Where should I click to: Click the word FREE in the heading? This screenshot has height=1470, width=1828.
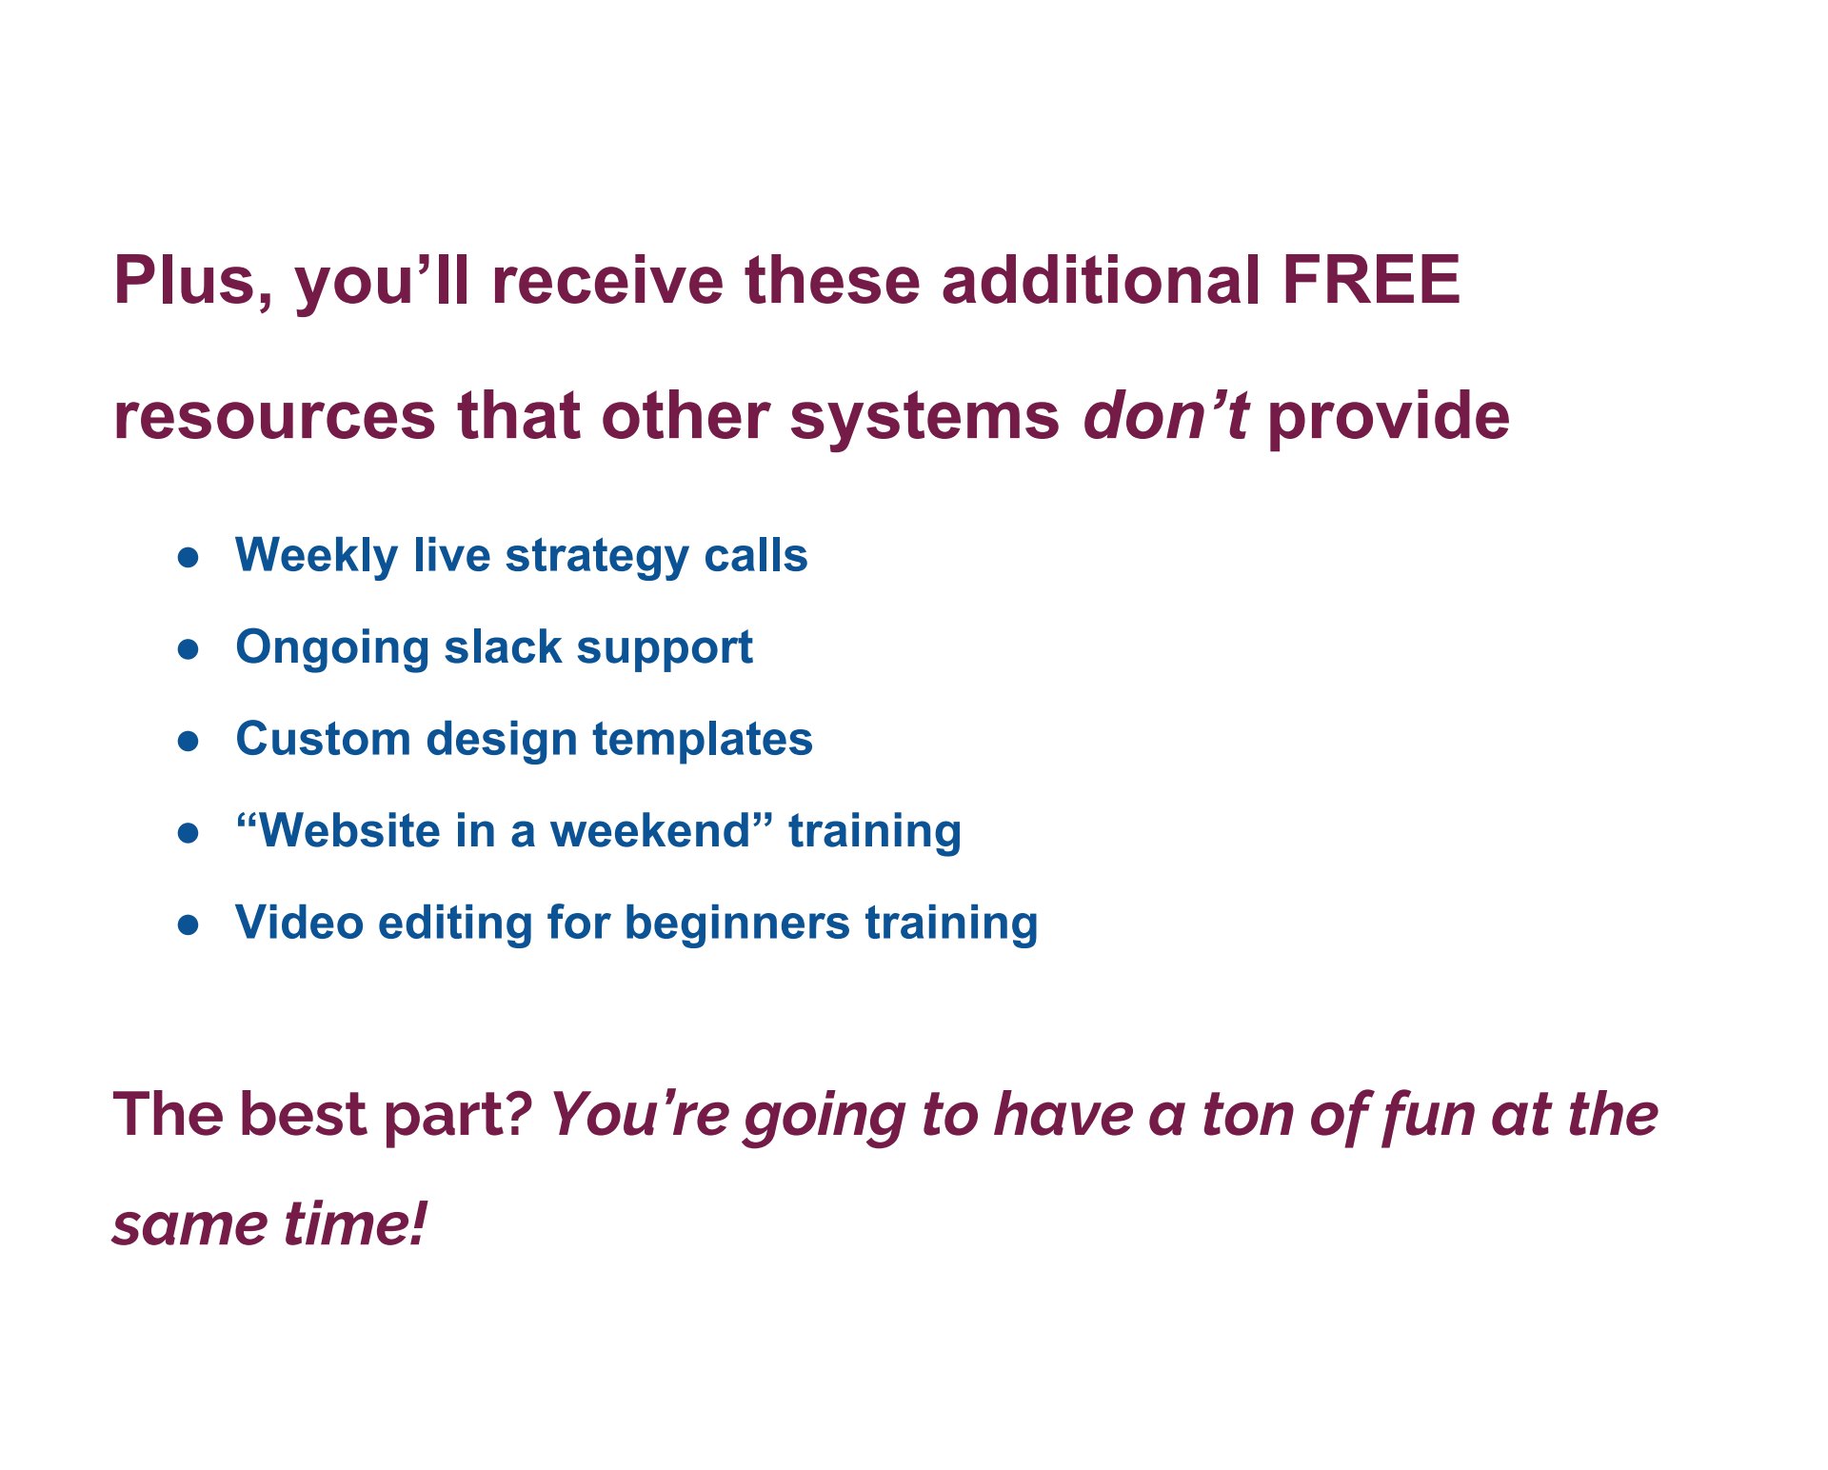[1371, 280]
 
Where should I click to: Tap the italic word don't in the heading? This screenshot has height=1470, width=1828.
[1165, 416]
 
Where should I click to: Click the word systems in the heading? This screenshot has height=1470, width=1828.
[924, 419]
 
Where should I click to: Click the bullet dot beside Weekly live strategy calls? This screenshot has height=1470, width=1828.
[189, 558]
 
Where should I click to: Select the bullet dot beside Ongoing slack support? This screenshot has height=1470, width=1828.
[189, 649]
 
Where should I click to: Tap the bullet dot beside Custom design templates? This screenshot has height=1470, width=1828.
[189, 741]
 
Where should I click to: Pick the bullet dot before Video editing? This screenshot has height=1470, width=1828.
[189, 924]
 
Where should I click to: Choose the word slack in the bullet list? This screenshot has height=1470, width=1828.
[503, 647]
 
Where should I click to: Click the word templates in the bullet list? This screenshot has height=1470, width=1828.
[703, 740]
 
